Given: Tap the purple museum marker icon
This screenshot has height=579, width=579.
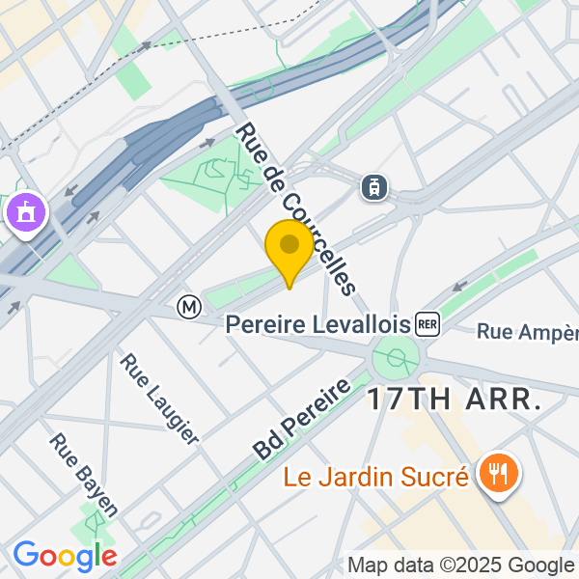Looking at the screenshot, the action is [24, 212].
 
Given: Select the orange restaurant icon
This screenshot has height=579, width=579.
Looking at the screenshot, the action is [498, 473].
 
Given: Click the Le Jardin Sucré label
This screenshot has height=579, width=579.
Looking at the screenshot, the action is [376, 476].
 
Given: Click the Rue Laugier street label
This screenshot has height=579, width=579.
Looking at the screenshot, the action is [159, 399].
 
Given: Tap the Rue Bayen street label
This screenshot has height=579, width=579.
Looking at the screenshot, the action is [85, 475].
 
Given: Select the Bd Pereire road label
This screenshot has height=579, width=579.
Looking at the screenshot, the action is [301, 419].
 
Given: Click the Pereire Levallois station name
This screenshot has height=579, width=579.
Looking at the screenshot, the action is [318, 324].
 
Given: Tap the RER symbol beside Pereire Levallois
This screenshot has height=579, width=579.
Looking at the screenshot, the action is [427, 324].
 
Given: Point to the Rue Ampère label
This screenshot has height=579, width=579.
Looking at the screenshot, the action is [527, 332].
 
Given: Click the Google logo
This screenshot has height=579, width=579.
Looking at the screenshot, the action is [65, 556].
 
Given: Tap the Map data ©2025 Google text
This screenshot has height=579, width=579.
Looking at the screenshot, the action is [460, 565].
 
